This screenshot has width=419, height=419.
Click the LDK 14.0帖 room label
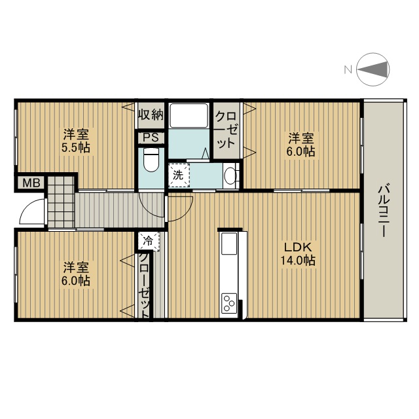(x=298, y=253)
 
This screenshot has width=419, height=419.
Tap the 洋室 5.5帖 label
(x=76, y=141)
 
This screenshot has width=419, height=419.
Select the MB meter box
(x=31, y=183)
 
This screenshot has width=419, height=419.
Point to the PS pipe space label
(x=151, y=137)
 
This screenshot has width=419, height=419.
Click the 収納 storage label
(x=151, y=115)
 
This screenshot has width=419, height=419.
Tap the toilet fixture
(x=151, y=160)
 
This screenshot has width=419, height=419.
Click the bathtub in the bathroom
(x=189, y=115)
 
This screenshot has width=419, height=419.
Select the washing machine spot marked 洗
(x=179, y=175)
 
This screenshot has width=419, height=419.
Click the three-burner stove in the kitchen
(x=229, y=303)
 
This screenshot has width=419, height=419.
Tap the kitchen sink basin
(x=228, y=244)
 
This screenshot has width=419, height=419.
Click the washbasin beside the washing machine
(x=230, y=176)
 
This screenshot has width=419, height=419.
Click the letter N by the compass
(x=348, y=70)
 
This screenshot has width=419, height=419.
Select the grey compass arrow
(x=373, y=69)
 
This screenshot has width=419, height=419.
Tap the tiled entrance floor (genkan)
(x=61, y=202)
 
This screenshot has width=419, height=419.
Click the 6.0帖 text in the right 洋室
(x=301, y=151)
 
